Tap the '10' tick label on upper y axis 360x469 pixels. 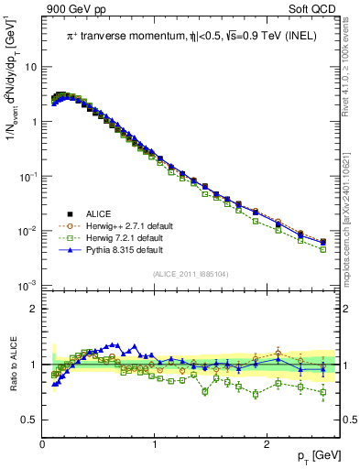click(x=31, y=67)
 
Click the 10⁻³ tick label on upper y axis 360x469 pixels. click(x=29, y=287)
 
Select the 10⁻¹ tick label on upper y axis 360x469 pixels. click(x=29, y=177)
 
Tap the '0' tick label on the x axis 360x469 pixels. click(x=42, y=443)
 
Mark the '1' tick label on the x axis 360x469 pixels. click(x=154, y=443)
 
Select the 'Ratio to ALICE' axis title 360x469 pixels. click(x=12, y=364)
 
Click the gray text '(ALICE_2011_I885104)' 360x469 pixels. click(x=191, y=275)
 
